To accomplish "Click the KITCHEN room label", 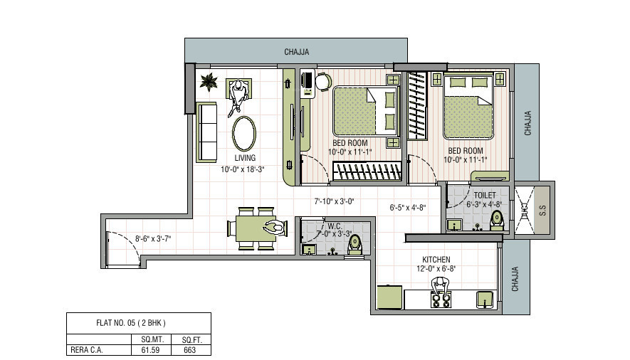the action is coord(436,260).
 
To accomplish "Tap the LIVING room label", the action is coord(245,158).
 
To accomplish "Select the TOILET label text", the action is coord(485,196).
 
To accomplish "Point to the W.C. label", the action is coord(335,227).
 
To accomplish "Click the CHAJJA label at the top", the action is coord(297,52).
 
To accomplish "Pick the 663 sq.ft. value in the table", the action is coord(189,350).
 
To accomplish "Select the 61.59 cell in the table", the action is coord(150,350).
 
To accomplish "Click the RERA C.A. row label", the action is coord(86,350).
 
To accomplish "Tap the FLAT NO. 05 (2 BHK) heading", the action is coord(130,323).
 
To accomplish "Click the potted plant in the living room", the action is coord(209,82).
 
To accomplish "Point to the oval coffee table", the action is coord(244,134).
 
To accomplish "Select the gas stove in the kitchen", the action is coord(441,300).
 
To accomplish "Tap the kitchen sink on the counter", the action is coord(485,300).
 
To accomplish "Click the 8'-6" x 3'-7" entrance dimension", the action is coord(152,239).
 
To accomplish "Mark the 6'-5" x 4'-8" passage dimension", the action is coord(407,208).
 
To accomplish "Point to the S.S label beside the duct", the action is coord(542,211).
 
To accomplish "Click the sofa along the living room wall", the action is coord(206,132).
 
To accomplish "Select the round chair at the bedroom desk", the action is coord(323,82).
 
